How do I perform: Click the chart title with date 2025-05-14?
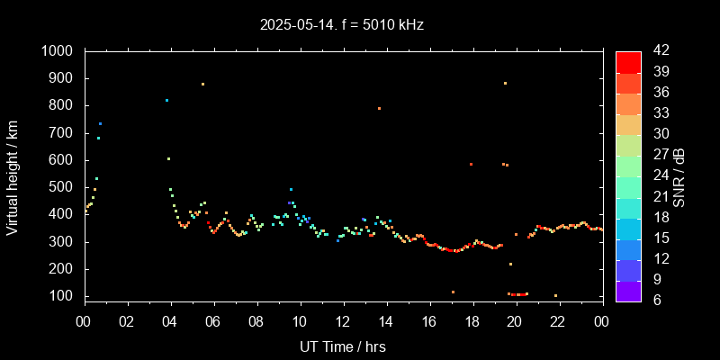point(341,25)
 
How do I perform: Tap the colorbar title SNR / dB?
point(679,175)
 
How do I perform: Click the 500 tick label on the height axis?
point(61,187)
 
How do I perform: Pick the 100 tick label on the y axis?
point(61,296)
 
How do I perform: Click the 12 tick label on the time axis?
point(342,321)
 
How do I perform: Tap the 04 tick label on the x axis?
point(169,321)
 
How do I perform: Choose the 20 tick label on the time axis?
point(515,321)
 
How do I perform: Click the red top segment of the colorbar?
point(627,61)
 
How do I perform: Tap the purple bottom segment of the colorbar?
point(627,290)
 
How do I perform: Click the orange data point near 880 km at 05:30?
point(202,84)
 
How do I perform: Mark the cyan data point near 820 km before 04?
point(166,100)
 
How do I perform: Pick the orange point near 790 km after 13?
point(379,108)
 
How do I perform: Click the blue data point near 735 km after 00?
point(100,123)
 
